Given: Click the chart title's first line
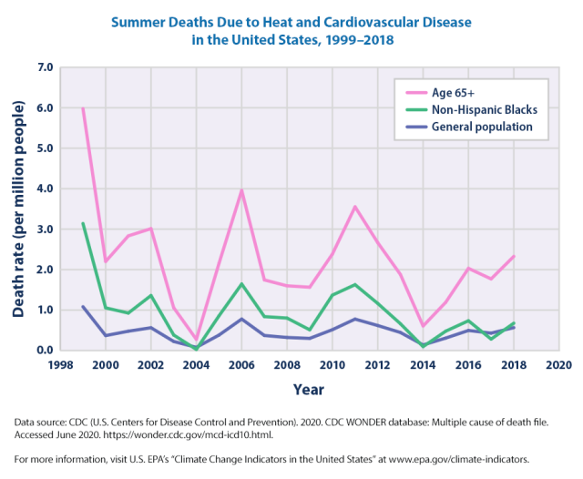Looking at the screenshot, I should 291,19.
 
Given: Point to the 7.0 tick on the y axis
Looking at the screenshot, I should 44,67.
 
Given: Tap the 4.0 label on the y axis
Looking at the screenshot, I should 44,189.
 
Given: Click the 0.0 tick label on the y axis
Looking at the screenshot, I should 44,351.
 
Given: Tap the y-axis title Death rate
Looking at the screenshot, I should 18,209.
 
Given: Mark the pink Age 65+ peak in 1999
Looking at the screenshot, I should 83,108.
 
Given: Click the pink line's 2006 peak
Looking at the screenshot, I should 241,190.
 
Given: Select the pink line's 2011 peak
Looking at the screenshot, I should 355,207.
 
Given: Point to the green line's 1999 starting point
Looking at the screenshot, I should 83,223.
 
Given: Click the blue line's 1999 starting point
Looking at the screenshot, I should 83,306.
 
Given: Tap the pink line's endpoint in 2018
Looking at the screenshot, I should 515,256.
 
